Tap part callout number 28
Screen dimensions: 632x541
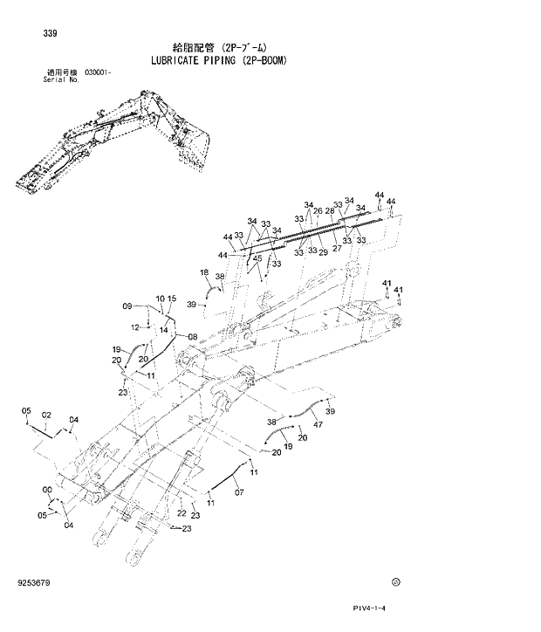pyautogui.click(x=330, y=210)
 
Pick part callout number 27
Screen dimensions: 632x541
pyautogui.click(x=337, y=249)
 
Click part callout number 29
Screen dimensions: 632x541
pyautogui.click(x=323, y=253)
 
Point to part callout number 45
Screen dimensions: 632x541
pyautogui.click(x=257, y=258)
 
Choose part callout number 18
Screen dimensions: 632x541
pyautogui.click(x=204, y=273)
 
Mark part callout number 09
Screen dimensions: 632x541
pyautogui.click(x=127, y=306)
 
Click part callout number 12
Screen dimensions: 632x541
pyautogui.click(x=135, y=327)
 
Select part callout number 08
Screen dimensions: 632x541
pyautogui.click(x=192, y=337)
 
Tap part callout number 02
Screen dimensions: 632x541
pyautogui.click(x=46, y=415)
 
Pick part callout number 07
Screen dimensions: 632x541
pyautogui.click(x=238, y=492)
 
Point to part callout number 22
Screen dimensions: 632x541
pyautogui.click(x=181, y=513)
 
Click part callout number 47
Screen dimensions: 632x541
pyautogui.click(x=318, y=424)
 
